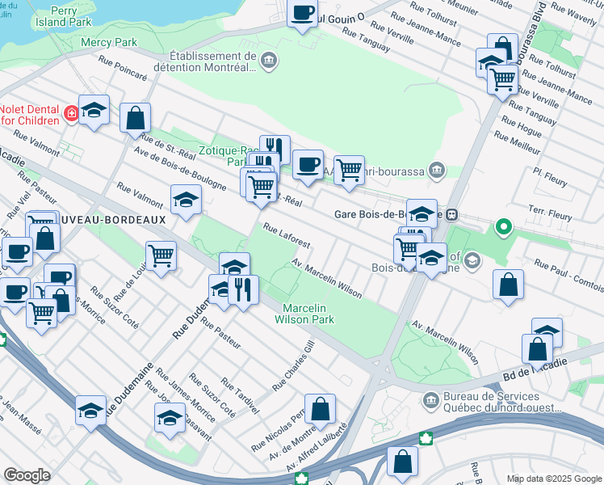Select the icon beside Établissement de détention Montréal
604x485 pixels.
[x=269, y=59]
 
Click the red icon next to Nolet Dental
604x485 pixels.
[x=73, y=113]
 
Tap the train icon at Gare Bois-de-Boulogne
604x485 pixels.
[x=452, y=215]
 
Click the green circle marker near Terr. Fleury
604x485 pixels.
[x=504, y=228]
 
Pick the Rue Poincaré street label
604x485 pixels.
[x=123, y=69]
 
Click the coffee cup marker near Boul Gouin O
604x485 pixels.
[x=303, y=14]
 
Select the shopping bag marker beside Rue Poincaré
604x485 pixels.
[x=135, y=117]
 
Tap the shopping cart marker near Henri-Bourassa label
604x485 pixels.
[x=348, y=171]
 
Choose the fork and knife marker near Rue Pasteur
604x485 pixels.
[x=243, y=289]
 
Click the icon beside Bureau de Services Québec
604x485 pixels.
[x=431, y=398]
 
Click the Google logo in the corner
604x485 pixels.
[x=27, y=475]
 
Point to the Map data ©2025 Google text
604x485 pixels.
[x=553, y=479]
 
